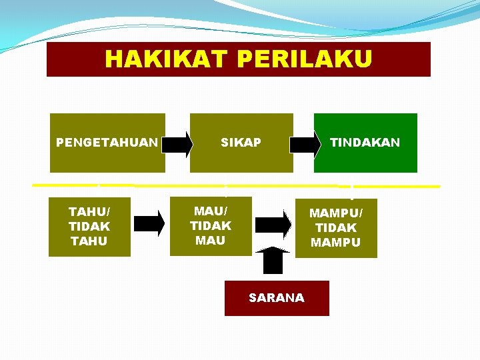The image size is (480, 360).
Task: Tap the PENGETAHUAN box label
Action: [107, 143]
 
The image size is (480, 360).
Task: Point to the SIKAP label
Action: [241, 143]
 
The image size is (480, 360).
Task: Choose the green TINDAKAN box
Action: [365, 143]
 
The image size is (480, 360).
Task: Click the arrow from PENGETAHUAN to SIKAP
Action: [178, 143]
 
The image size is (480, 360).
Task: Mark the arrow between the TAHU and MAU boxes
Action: [150, 223]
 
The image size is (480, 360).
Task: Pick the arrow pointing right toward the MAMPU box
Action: [274, 225]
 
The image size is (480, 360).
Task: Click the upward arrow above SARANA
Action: [273, 260]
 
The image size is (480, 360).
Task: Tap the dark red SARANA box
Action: [277, 298]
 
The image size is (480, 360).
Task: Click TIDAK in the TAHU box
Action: [89, 227]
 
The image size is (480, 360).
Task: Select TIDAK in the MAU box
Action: [211, 226]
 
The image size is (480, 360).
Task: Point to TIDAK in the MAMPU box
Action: [336, 228]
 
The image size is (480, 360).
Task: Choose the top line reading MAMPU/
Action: [336, 213]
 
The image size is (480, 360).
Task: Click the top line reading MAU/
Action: [211, 211]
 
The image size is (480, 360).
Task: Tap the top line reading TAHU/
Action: [89, 212]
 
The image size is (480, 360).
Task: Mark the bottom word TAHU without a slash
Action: [89, 241]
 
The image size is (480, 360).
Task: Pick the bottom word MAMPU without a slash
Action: [336, 243]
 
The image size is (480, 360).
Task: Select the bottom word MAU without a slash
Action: [211, 241]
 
